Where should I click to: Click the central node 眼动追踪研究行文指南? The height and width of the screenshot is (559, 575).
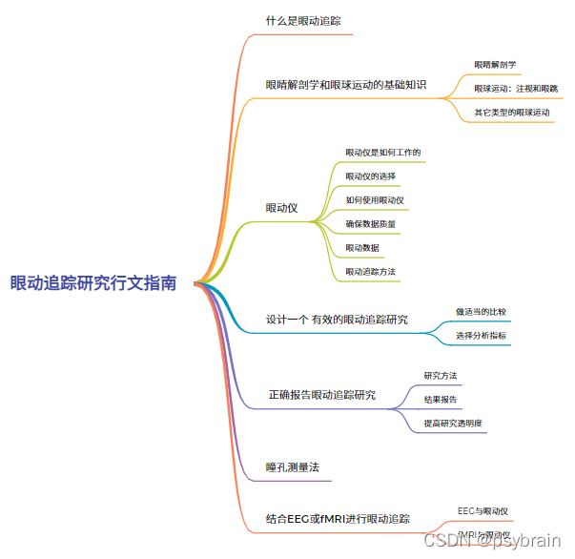tap(93, 283)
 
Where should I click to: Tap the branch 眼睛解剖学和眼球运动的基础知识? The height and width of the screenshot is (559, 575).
tap(345, 85)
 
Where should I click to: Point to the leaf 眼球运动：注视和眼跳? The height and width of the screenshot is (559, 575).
tap(516, 89)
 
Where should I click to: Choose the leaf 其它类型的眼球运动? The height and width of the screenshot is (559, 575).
tap(512, 113)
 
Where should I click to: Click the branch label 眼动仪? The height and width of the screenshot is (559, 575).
tap(281, 208)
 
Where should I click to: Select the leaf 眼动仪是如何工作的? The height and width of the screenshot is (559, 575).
tap(383, 152)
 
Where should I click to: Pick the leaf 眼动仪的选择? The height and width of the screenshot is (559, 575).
tap(370, 176)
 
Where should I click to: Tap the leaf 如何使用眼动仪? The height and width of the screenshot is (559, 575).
tap(375, 199)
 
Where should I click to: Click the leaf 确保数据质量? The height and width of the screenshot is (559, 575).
tap(371, 224)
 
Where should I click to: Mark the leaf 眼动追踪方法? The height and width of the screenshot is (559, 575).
tap(370, 272)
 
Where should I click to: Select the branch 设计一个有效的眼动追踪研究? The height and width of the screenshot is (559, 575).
tap(337, 320)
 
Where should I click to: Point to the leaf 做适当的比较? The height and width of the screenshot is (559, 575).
tap(481, 311)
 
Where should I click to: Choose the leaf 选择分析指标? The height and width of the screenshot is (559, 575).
tap(481, 335)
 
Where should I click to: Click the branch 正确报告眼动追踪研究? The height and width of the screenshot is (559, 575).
tap(321, 395)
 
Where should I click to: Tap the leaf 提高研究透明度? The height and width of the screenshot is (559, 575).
tap(453, 423)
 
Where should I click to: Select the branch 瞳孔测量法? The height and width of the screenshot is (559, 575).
tap(291, 467)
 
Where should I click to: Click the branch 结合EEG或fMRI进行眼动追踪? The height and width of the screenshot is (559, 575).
tap(338, 520)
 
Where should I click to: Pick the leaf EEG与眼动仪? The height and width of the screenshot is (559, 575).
tap(483, 511)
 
